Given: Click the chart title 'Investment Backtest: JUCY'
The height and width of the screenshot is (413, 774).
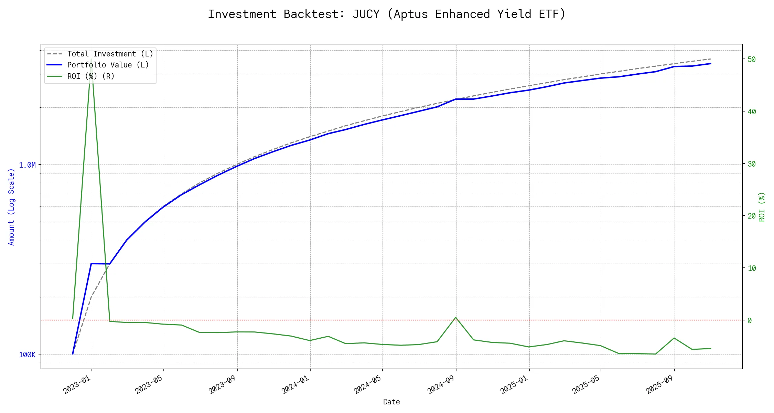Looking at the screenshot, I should tap(387, 14).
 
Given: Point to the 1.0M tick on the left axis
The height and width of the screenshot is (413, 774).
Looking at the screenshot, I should tap(27, 165).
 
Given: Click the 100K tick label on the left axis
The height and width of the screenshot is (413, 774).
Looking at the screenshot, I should tap(27, 355).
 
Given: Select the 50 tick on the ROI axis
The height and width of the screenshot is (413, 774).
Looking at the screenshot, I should tap(751, 60).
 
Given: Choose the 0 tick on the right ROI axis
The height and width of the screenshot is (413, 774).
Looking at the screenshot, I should tap(750, 320).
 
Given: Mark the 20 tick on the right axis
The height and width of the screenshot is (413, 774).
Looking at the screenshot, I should tap(751, 216).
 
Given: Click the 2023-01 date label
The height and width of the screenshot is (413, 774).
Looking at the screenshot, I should tap(77, 384).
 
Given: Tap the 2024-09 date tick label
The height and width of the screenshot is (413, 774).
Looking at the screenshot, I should tap(441, 384).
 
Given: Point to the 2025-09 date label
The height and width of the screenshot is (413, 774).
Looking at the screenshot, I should tap(660, 384).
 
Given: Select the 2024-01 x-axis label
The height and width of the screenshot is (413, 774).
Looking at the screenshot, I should tap(295, 384).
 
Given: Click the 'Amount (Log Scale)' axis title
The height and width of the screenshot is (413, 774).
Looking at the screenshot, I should tap(11, 207).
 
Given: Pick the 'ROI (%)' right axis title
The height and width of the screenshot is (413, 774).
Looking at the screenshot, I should tap(762, 207).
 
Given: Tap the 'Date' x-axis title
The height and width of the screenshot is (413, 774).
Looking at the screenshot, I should tap(391, 402).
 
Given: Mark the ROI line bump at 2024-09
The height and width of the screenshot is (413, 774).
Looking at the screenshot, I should tap(456, 317).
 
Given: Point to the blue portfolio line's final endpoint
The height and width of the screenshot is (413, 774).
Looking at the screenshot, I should tap(711, 64).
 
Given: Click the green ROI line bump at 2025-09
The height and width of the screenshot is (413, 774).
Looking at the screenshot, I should tap(674, 338).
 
